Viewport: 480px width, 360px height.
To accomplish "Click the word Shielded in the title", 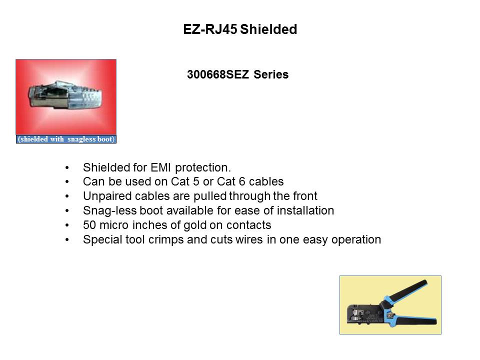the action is point(268,29).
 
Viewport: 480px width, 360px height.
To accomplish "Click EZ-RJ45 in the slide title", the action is point(210,29).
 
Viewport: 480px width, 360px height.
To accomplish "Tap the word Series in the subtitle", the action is point(271,74).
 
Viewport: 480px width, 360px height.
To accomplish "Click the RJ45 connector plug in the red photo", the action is point(65,95).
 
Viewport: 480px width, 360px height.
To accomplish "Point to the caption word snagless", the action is point(81,139).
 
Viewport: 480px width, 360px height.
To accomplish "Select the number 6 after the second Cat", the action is point(242,181).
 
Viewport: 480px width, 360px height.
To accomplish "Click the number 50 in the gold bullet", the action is point(89,225).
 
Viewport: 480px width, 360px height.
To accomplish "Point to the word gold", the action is point(194,225).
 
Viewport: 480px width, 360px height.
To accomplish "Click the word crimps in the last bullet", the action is point(166,239).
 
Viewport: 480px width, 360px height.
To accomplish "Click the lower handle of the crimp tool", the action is point(413,320).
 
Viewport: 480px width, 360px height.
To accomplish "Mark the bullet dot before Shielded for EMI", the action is point(67,168).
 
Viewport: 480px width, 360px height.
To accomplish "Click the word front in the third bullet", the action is point(305,196).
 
